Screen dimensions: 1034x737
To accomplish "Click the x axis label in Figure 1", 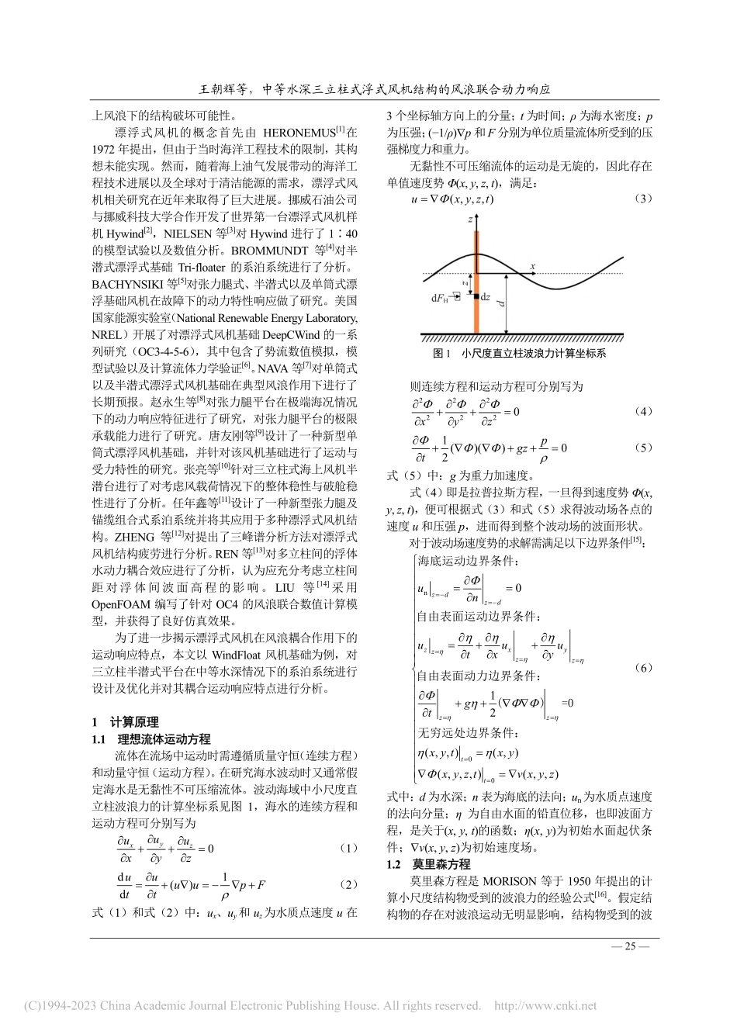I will (x=533, y=267).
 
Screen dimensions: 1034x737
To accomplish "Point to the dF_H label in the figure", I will (x=441, y=298).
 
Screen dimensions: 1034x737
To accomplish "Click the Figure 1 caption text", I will (x=519, y=352).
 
